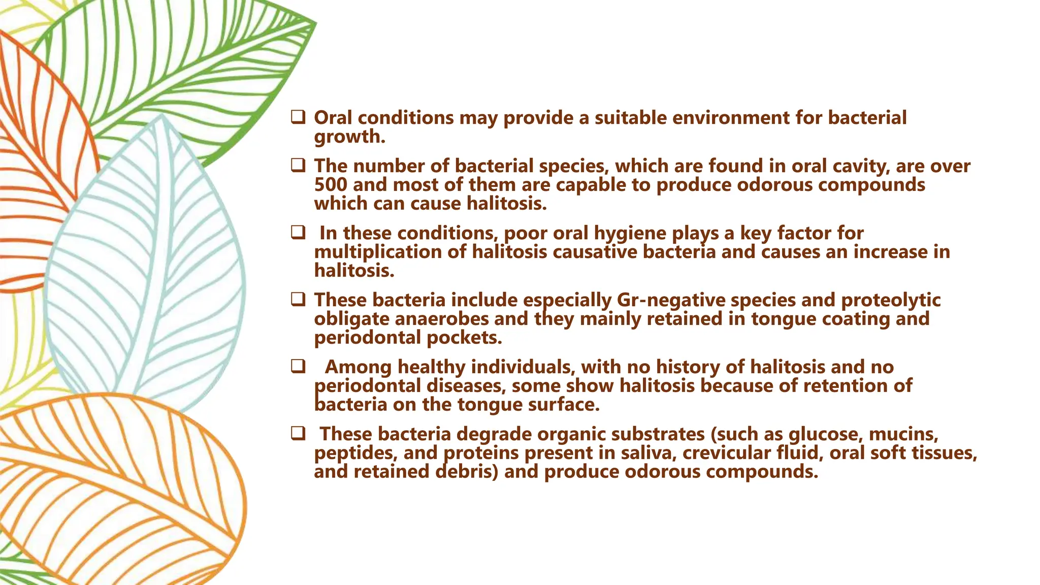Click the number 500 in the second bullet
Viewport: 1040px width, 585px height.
click(331, 185)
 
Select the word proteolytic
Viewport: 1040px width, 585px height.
click(891, 300)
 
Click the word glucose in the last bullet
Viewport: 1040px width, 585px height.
click(826, 434)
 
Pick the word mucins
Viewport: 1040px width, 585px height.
click(903, 434)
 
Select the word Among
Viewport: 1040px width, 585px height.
click(358, 367)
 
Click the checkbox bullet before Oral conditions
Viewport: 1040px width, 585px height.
click(298, 117)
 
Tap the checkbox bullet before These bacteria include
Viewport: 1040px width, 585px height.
click(298, 300)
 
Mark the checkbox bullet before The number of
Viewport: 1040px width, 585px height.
click(298, 166)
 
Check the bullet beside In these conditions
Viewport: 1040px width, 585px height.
click(298, 233)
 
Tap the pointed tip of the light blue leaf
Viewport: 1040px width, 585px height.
click(161, 116)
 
